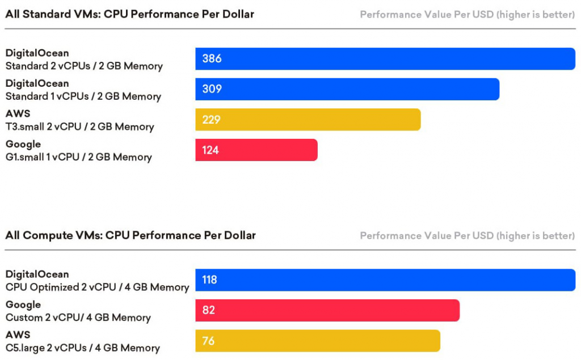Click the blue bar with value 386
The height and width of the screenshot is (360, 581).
[x=386, y=59]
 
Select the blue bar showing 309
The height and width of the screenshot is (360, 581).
[x=347, y=90]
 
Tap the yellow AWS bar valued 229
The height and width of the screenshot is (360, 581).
[x=308, y=120]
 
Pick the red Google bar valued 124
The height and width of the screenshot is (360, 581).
[x=256, y=150]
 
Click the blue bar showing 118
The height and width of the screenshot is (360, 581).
[x=386, y=280]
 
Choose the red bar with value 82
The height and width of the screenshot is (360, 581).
[x=327, y=310]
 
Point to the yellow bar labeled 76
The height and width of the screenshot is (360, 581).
[x=318, y=341]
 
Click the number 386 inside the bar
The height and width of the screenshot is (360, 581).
[x=212, y=59]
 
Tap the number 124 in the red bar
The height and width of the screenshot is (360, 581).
[x=210, y=150]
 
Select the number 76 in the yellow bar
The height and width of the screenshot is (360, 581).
[x=208, y=341]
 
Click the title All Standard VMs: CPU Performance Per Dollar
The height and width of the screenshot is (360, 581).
[x=130, y=14]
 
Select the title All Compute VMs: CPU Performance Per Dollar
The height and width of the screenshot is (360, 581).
[x=130, y=235]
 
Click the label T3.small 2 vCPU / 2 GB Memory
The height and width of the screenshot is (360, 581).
[x=79, y=127]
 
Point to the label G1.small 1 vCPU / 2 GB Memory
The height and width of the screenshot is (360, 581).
[x=78, y=157]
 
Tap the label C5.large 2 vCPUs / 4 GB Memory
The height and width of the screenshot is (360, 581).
[x=83, y=348]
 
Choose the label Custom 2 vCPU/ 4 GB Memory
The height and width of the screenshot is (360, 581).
[x=78, y=317]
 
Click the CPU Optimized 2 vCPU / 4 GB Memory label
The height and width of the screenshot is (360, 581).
[x=97, y=287]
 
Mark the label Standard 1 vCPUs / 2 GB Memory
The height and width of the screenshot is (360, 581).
[x=83, y=96]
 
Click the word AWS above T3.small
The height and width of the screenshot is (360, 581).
[x=18, y=114]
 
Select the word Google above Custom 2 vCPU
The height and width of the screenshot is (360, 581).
[x=23, y=305]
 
